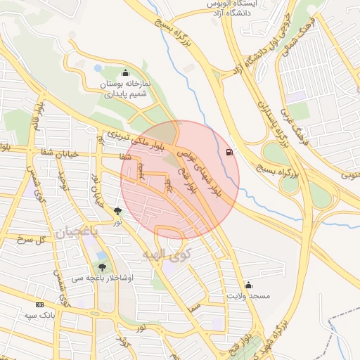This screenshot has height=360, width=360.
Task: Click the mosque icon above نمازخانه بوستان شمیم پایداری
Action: (x=126, y=72)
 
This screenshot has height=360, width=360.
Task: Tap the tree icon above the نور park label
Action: (x=117, y=210)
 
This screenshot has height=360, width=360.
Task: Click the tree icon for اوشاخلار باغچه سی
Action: (x=103, y=267)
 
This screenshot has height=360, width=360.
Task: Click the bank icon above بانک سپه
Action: (x=39, y=304)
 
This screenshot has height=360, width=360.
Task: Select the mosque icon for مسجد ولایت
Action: (x=248, y=285)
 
